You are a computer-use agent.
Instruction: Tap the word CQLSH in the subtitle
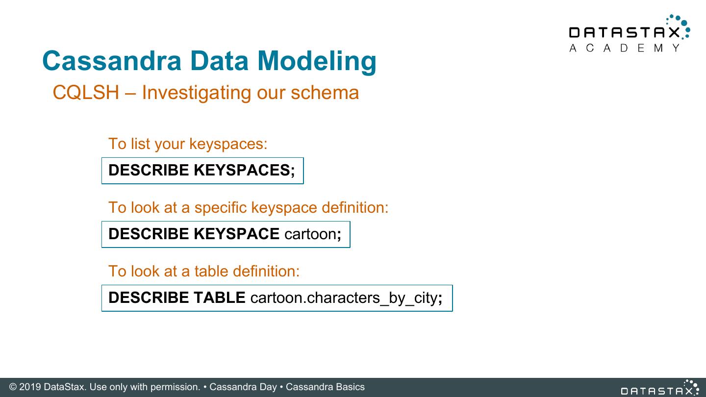[86, 92]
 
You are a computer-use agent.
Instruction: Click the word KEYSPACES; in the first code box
[244, 170]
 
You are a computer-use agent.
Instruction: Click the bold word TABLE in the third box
[219, 298]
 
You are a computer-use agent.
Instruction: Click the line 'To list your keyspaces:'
[188, 144]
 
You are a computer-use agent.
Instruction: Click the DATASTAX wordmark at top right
[625, 32]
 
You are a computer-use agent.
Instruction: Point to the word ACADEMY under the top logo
[625, 48]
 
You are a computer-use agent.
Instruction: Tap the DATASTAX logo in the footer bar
[659, 389]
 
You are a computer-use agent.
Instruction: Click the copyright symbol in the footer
[13, 387]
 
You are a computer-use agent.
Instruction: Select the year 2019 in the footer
[30, 387]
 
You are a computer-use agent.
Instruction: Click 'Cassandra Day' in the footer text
[243, 387]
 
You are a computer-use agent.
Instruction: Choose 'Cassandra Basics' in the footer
[325, 387]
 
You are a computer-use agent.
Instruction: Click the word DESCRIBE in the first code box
[149, 170]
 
